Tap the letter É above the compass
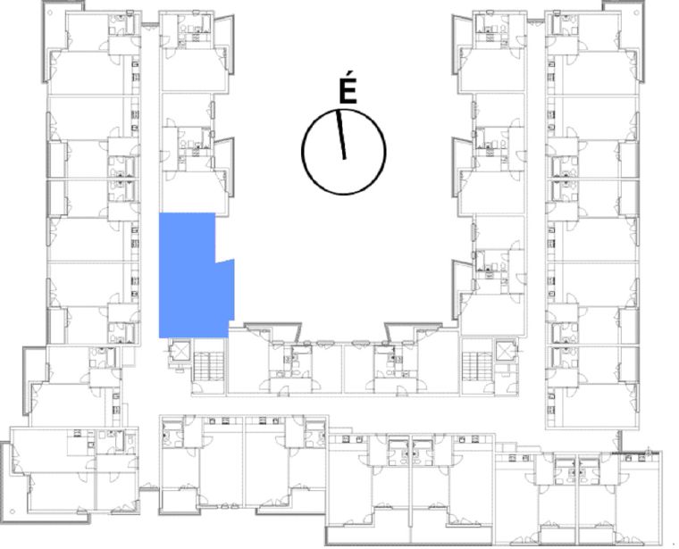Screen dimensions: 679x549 click(x=348, y=93)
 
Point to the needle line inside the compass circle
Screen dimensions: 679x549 click(x=341, y=134)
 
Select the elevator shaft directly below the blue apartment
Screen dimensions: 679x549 click(x=180, y=351)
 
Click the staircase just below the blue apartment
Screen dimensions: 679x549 click(x=208, y=366)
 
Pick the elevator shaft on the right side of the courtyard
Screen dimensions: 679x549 click(x=506, y=351)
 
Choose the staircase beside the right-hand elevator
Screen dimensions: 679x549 click(x=477, y=366)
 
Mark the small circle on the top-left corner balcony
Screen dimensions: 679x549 click(x=50, y=12)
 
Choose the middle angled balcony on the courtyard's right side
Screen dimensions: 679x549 click(x=462, y=168)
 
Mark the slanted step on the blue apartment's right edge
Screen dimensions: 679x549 click(x=225, y=261)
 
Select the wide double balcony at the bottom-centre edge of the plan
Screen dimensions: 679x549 click(x=409, y=535)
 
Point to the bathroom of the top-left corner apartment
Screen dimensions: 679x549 click(x=122, y=25)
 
